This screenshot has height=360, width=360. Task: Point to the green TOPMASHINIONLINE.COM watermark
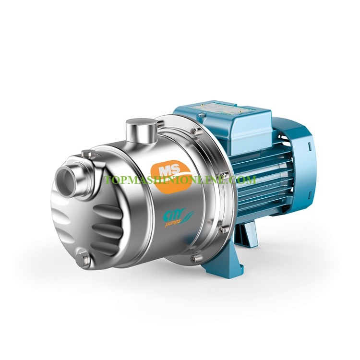click(x=180, y=180)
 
